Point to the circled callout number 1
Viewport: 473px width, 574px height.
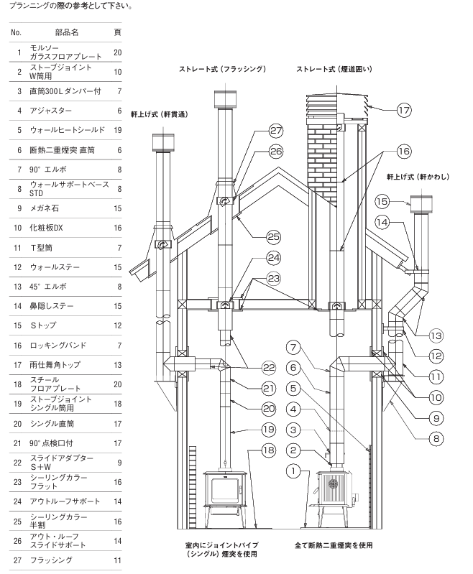tap(293, 472)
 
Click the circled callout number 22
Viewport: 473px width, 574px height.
tap(248, 366)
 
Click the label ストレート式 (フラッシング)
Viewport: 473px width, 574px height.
tap(223, 69)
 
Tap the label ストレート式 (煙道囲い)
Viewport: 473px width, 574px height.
tap(336, 69)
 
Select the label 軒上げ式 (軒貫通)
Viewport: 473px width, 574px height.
tap(160, 114)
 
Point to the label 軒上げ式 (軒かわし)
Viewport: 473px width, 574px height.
tap(415, 175)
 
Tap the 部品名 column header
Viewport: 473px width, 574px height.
tap(66, 33)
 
